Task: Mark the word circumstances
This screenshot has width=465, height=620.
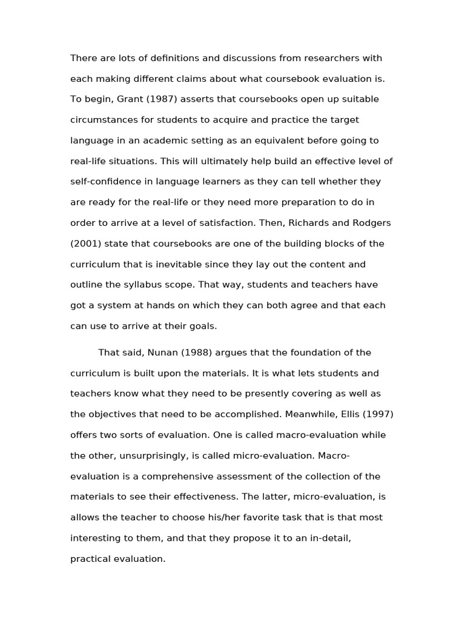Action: pos(104,120)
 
